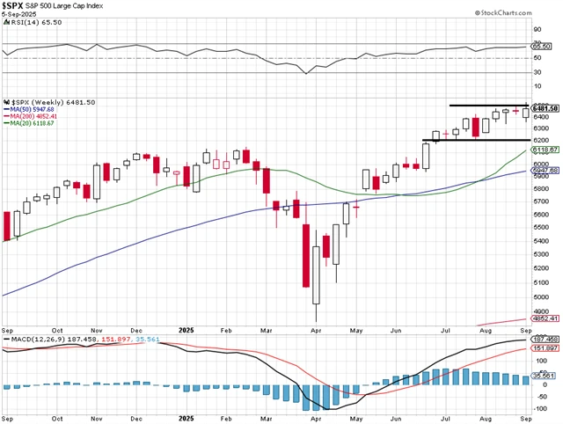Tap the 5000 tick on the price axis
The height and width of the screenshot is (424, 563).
tap(543, 296)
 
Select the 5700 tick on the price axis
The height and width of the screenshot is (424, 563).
tap(543, 201)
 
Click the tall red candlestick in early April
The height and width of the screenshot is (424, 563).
tap(307, 255)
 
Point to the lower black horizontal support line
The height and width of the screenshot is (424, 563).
tap(475, 140)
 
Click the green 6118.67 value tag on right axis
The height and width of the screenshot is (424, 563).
tap(546, 150)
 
